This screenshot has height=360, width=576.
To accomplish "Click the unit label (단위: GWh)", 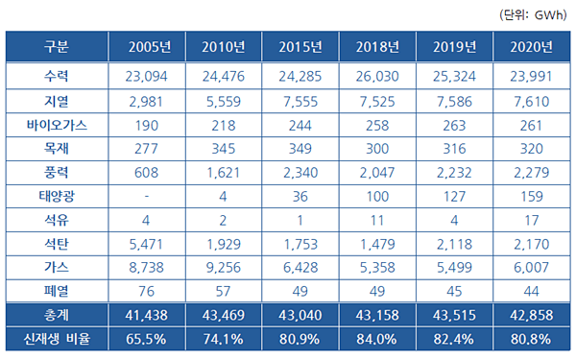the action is [x=533, y=15].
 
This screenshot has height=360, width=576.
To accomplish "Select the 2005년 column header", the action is [x=150, y=47].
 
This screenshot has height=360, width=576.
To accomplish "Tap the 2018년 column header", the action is [x=377, y=47].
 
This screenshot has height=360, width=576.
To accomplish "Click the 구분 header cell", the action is [x=57, y=47].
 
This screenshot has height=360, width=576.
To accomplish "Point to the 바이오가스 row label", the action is [x=57, y=125].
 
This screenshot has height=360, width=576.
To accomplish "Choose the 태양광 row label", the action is [x=57, y=196].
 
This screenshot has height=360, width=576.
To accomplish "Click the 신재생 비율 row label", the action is [x=57, y=339].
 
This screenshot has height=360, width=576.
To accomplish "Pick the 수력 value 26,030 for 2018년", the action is [x=377, y=77].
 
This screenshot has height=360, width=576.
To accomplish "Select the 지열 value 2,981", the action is [x=146, y=102].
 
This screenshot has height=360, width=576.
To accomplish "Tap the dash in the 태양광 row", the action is [x=147, y=196].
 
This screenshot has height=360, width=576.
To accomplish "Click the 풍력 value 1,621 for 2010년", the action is [x=224, y=172].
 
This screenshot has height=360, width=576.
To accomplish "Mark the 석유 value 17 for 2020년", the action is [x=532, y=220].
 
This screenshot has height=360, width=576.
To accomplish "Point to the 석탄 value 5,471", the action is [x=146, y=244].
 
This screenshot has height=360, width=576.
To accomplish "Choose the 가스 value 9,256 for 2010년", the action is [x=224, y=268].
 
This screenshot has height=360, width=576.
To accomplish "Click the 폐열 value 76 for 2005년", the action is [x=146, y=291].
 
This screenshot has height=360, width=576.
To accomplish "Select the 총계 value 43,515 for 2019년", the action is [x=454, y=315].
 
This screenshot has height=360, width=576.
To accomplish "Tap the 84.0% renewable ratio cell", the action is [x=376, y=339].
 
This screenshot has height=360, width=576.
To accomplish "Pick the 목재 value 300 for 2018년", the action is [x=377, y=149].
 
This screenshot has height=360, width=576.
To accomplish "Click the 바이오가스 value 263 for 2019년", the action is [x=454, y=126].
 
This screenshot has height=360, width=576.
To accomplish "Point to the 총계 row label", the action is [x=57, y=315].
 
